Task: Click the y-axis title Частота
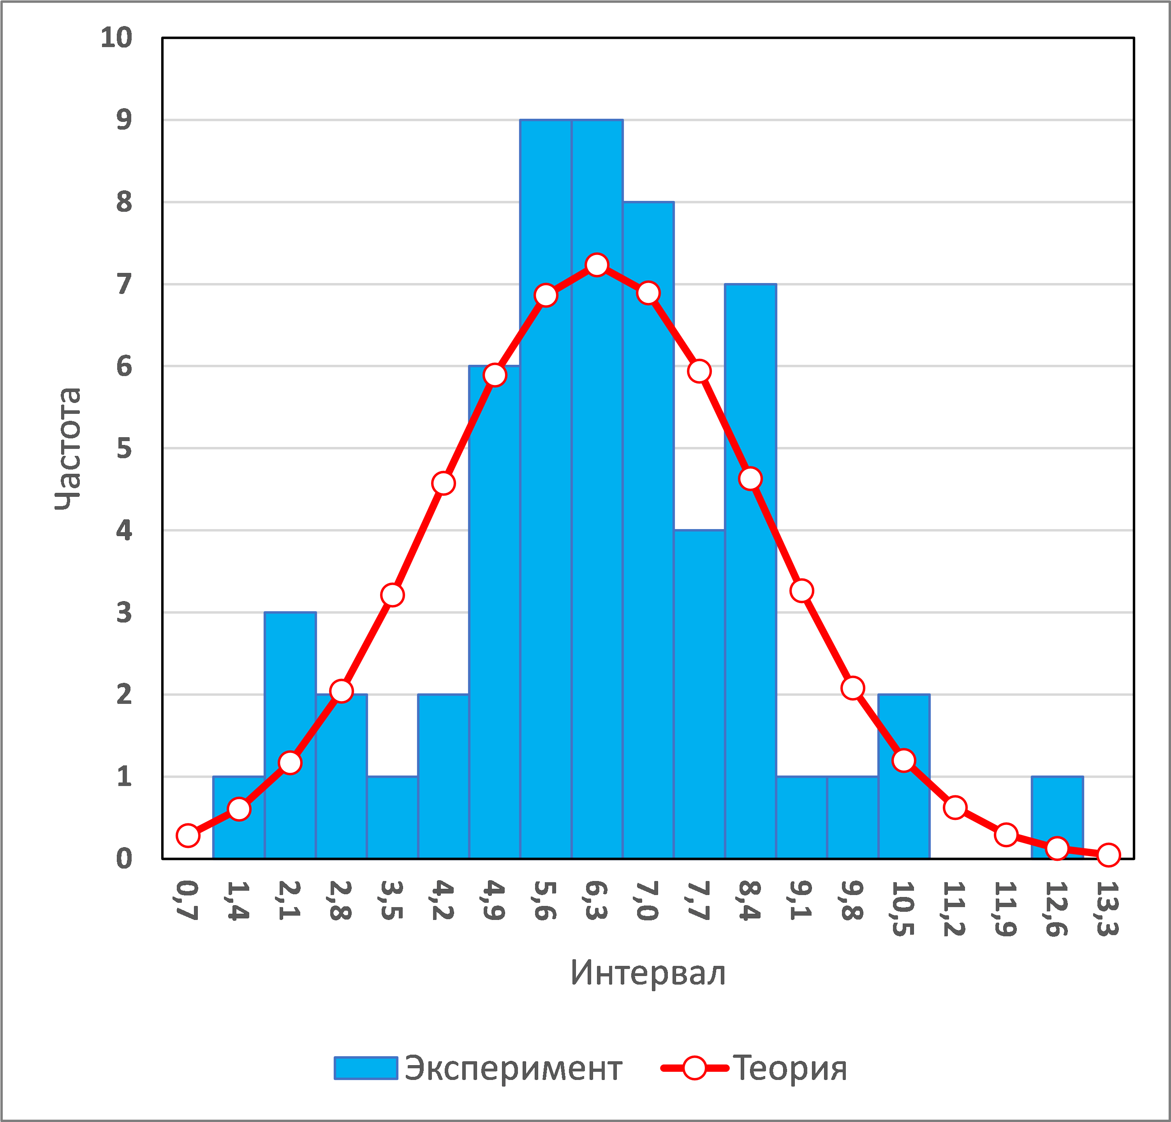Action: (67, 448)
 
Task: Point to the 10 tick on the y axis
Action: (116, 38)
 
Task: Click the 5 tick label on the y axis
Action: (124, 448)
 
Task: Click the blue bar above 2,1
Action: (290, 735)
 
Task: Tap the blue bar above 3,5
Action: (392, 818)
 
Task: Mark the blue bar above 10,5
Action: (903, 776)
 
